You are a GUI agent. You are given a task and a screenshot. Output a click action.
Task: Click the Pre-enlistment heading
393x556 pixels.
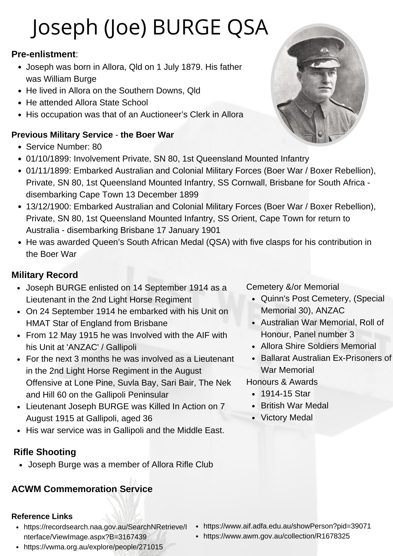click(x=43, y=54)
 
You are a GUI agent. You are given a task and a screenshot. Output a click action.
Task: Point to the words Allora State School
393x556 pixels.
click(x=111, y=103)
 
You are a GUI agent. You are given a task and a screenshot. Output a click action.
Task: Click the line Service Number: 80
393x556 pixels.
click(x=64, y=147)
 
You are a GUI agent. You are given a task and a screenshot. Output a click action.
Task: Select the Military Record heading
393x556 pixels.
click(x=45, y=275)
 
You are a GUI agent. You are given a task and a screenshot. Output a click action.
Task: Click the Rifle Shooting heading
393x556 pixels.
click(x=45, y=452)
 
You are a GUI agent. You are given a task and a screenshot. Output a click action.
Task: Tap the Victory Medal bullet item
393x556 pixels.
click(x=287, y=418)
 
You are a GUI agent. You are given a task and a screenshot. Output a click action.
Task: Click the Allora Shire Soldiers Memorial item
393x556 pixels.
click(x=318, y=346)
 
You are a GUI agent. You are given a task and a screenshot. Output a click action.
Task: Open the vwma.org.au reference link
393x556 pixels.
click(x=93, y=547)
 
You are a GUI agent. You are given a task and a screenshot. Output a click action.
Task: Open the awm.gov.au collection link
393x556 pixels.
click(x=276, y=536)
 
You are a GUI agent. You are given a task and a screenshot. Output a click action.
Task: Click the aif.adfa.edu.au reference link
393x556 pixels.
click(x=287, y=526)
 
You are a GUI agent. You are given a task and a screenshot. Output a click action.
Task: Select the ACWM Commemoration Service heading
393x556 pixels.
click(x=82, y=489)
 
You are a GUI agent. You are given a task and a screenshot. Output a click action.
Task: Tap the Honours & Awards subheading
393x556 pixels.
click(x=282, y=382)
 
